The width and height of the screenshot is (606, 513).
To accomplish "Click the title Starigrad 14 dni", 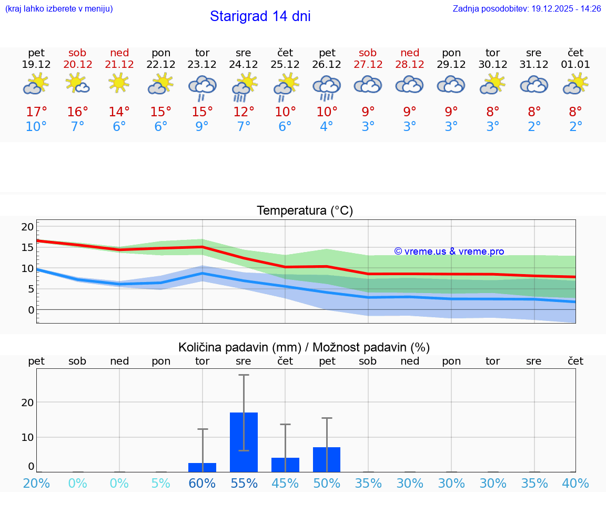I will tap(260, 16).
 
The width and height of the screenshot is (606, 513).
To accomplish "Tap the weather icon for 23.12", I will tap(203, 87).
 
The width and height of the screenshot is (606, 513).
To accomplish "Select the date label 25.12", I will tap(285, 65).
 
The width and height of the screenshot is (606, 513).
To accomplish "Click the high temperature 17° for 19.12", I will tap(36, 112).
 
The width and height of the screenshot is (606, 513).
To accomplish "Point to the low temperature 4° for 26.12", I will tap(327, 127).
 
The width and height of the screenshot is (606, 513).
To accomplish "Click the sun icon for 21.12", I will tap(119, 83).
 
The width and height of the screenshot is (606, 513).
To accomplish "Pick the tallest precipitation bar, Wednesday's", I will tap(244, 442).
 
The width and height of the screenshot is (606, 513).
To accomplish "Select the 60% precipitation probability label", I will tap(203, 484).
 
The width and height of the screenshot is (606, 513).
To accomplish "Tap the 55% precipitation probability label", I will tap(244, 484).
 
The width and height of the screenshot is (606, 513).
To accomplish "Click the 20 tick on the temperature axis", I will tap(28, 227).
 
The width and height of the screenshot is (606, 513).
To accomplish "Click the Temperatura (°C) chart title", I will tap(305, 211).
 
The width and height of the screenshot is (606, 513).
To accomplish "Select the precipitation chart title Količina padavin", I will tap(304, 347).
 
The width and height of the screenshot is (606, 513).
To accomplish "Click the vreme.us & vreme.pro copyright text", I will tap(449, 252).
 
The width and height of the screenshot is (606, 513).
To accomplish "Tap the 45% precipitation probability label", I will tap(285, 484).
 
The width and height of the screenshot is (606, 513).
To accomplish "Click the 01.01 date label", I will tap(575, 65).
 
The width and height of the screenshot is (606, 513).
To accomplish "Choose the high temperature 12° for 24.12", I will tap(244, 112).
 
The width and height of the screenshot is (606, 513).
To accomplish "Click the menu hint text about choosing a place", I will tap(59, 9).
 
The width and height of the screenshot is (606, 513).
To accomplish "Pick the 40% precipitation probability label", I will tap(575, 484).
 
